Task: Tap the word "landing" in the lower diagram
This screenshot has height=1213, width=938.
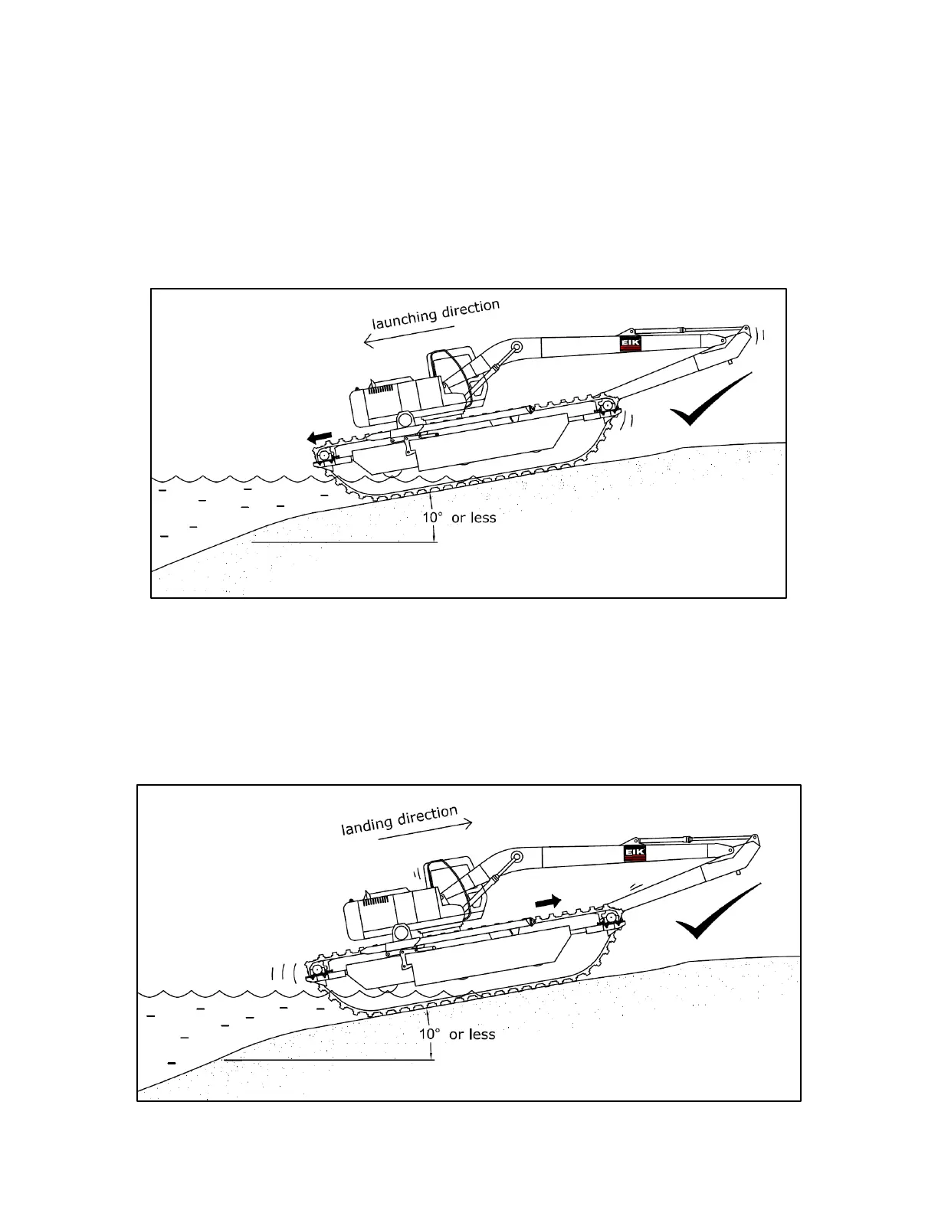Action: click(366, 825)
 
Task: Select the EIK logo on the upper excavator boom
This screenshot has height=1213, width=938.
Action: click(630, 345)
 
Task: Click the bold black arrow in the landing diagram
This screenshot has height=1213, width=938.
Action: click(547, 901)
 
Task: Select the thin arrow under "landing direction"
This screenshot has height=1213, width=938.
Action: click(425, 831)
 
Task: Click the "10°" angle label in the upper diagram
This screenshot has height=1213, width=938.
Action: click(433, 518)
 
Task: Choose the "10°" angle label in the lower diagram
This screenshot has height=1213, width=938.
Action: click(429, 1035)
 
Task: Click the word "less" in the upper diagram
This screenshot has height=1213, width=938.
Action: click(482, 518)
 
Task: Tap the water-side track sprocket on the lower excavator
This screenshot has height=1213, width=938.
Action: click(316, 972)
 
